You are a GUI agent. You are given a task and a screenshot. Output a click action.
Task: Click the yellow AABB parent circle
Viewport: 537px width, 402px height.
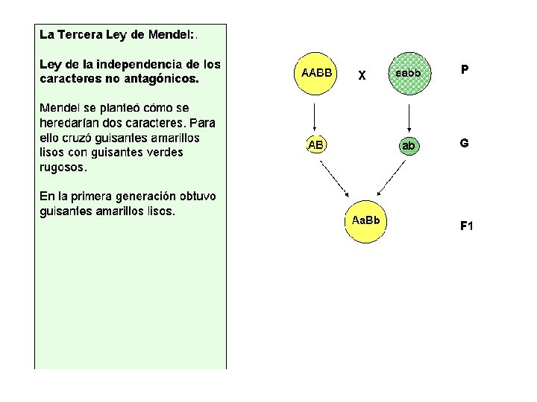click(316, 73)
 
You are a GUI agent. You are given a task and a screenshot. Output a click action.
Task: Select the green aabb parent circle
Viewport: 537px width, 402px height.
click(409, 74)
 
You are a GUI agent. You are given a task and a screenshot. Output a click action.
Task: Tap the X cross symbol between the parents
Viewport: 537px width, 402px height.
click(362, 75)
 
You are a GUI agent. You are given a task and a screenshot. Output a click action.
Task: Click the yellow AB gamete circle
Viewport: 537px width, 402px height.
click(315, 145)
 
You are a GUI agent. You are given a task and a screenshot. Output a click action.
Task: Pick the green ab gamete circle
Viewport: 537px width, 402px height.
click(409, 146)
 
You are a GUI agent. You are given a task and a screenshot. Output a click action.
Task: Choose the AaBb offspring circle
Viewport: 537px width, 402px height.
click(365, 221)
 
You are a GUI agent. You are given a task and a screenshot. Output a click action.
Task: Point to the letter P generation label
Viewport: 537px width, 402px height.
click(465, 70)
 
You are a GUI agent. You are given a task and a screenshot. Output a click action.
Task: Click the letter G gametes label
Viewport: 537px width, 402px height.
click(464, 142)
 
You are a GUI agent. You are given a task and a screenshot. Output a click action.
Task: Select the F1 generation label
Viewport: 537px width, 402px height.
click(466, 226)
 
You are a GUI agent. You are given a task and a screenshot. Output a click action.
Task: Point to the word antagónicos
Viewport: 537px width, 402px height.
click(161, 77)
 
